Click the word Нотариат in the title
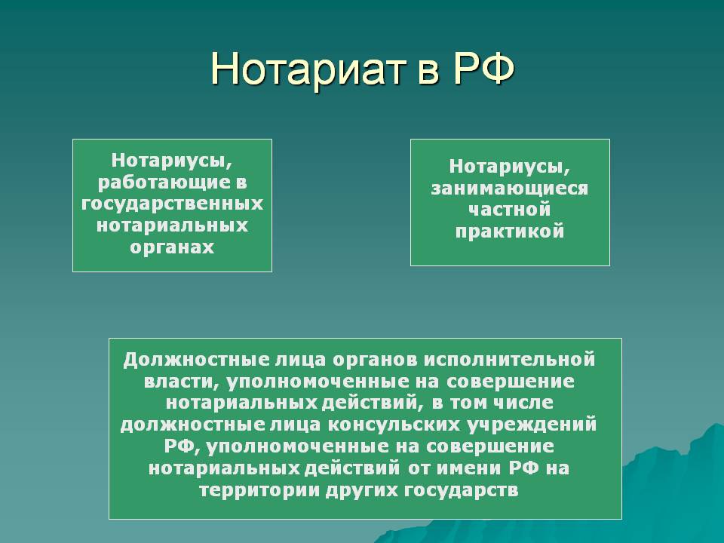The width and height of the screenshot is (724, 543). [305, 69]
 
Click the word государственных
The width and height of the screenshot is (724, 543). [172, 204]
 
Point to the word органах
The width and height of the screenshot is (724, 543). [172, 247]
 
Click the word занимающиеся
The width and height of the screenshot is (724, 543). [510, 188]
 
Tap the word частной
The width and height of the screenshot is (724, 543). [510, 210]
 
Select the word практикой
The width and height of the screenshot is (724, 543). [510, 232]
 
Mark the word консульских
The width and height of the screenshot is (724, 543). [394, 425]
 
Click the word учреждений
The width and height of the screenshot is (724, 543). [532, 425]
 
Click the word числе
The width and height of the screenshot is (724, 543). [523, 403]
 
